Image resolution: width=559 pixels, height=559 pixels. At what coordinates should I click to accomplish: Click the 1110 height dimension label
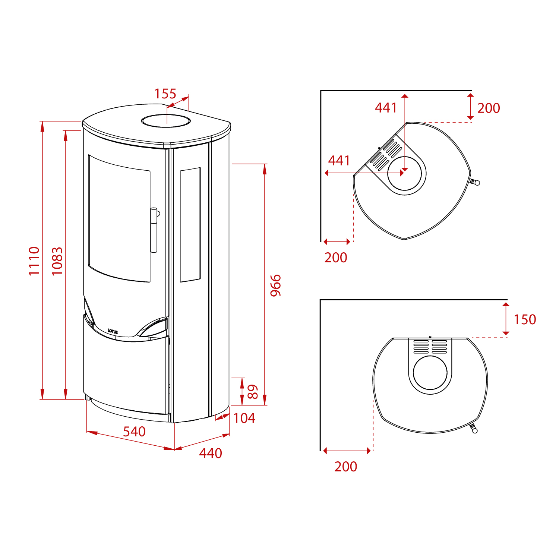point(34,261)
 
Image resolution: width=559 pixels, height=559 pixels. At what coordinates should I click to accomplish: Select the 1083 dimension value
point(57,261)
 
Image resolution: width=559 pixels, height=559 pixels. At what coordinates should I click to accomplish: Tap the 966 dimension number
point(276,285)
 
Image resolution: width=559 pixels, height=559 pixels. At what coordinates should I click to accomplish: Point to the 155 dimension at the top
point(165,94)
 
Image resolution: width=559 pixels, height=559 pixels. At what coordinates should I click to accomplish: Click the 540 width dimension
point(134,432)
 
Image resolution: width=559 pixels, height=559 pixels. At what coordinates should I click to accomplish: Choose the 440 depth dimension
point(211,453)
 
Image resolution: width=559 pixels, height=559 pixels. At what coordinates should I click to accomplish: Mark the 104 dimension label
point(244,418)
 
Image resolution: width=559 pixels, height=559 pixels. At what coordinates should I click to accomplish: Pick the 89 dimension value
point(253,392)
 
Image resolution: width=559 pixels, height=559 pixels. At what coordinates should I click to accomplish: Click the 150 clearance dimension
point(525,319)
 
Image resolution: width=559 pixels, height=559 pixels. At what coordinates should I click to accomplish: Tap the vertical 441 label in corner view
point(386,108)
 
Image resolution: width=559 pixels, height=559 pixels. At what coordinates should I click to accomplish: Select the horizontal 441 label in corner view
point(339,161)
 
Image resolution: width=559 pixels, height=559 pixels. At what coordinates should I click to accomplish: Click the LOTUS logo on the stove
point(113,331)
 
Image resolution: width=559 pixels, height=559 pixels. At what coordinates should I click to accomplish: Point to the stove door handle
point(154,230)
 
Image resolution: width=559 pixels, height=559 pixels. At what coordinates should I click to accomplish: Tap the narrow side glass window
point(190,225)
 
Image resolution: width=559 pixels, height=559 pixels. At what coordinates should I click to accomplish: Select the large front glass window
point(119,218)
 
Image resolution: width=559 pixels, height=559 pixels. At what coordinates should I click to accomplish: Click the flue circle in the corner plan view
point(405,174)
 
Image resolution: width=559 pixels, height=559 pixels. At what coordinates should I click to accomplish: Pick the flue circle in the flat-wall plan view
point(430,373)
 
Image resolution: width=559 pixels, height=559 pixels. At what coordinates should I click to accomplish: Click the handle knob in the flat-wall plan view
point(474,431)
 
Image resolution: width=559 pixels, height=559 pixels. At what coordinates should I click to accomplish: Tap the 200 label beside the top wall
point(489,108)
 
